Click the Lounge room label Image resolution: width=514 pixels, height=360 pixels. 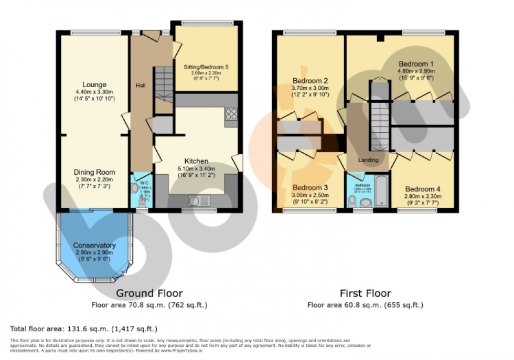pyautogui.click(x=94, y=84)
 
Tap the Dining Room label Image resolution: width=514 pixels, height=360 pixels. pyautogui.click(x=94, y=172)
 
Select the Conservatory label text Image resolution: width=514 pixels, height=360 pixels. pyautogui.click(x=94, y=245)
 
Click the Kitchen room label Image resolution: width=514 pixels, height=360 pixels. pyautogui.click(x=196, y=161)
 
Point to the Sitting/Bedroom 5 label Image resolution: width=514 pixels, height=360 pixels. pyautogui.click(x=206, y=67)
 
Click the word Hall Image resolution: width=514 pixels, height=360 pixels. pyautogui.click(x=141, y=86)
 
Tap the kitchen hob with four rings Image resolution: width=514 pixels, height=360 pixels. pyautogui.click(x=231, y=114)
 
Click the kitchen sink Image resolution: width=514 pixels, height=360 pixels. pyautogui.click(x=198, y=200)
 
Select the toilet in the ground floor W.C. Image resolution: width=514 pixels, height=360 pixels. pyautogui.click(x=140, y=201)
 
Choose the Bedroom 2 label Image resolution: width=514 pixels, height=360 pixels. pyautogui.click(x=310, y=81)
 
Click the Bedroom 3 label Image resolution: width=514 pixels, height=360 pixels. pyautogui.click(x=310, y=188)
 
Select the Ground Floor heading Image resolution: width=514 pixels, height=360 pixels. pyautogui.click(x=149, y=293)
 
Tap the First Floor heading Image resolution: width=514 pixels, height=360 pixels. pyautogui.click(x=365, y=293)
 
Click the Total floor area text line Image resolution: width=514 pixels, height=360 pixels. pyautogui.click(x=84, y=329)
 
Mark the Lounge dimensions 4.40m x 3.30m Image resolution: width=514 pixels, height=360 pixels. pyautogui.click(x=94, y=92)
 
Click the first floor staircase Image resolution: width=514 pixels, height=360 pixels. pyautogui.click(x=379, y=126)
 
